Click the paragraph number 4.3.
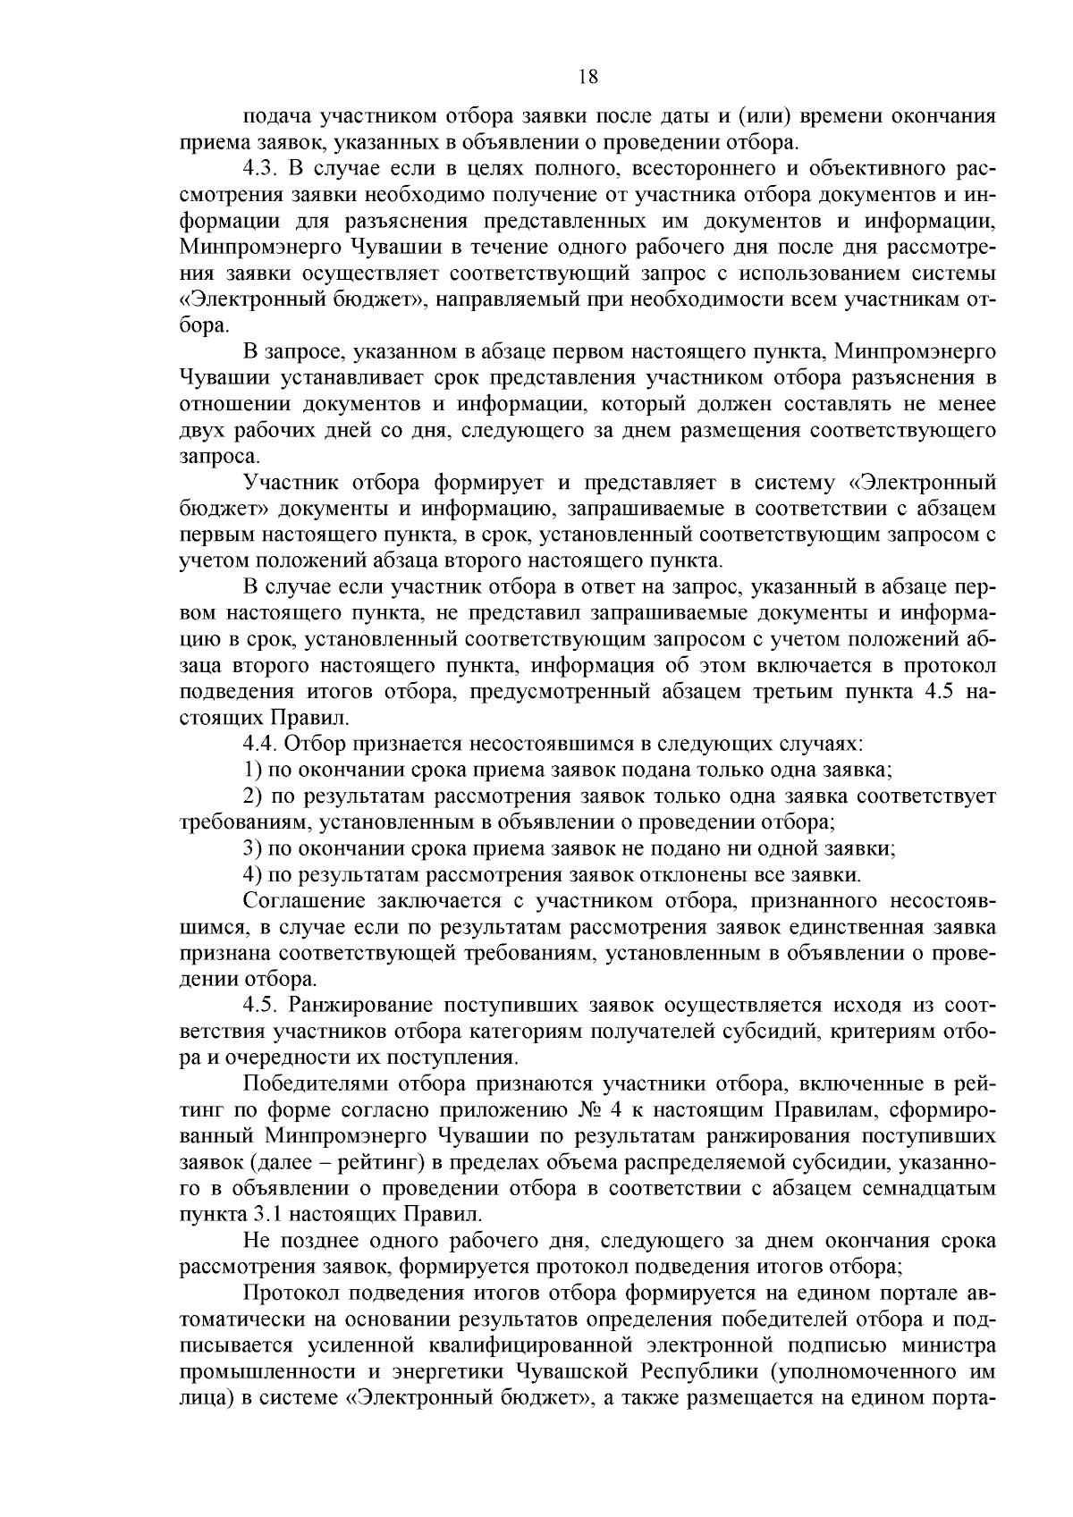pos(260,169)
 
